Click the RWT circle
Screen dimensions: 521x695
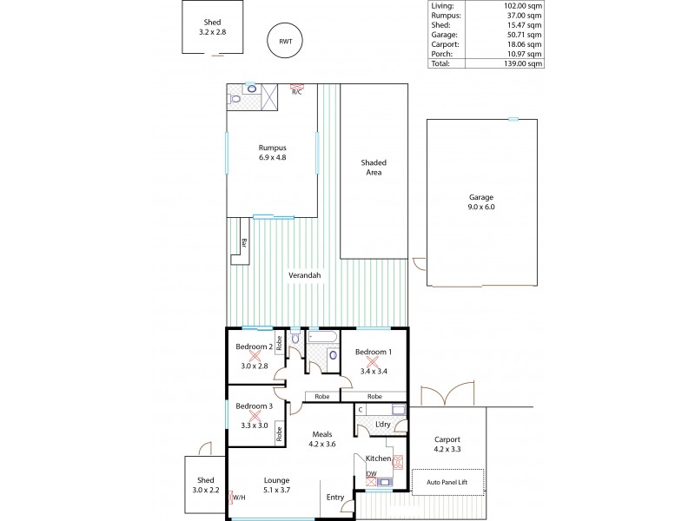[x=286, y=42]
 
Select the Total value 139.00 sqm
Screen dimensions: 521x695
[x=523, y=63]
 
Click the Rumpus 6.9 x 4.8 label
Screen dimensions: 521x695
[x=272, y=153]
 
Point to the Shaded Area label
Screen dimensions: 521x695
[x=374, y=168]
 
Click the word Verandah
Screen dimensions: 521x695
[x=305, y=275]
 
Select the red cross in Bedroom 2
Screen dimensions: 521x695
[x=255, y=355]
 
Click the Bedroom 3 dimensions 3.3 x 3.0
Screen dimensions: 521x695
[x=255, y=425]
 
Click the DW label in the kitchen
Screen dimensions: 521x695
[x=370, y=473]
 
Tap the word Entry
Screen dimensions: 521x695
[x=334, y=498]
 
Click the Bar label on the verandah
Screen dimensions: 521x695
[x=244, y=243]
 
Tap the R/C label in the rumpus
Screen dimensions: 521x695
[x=296, y=92]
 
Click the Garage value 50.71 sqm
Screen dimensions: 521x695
[x=523, y=33]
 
